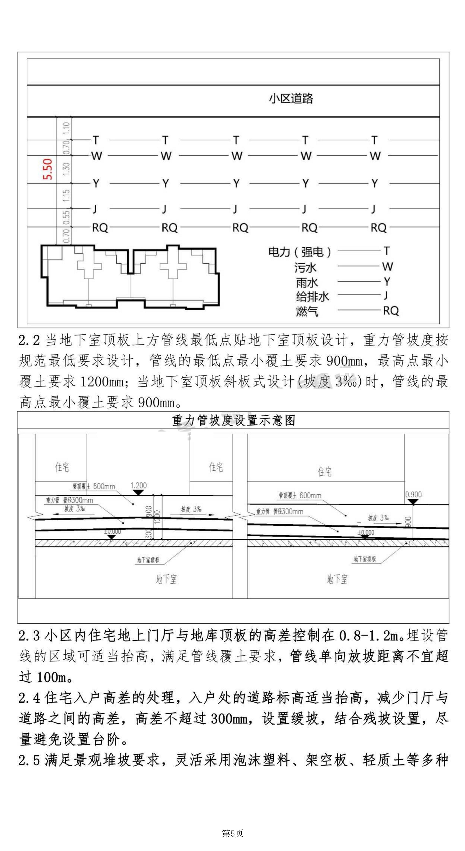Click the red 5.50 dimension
coord(48,169)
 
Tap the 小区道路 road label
coord(291,98)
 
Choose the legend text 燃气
coord(307,311)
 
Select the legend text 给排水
coord(312,296)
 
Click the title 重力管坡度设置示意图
coord(233,421)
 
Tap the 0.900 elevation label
coord(413,495)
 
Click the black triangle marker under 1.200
coord(138,492)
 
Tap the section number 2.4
coord(29,698)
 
